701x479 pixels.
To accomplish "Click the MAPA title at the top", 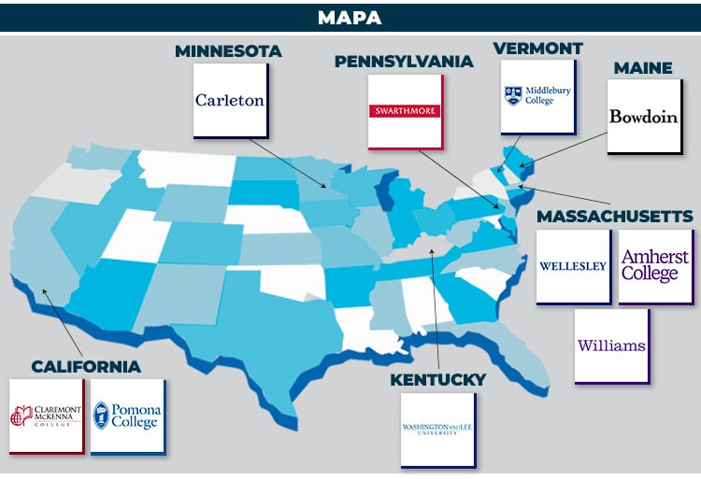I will tap(350, 18).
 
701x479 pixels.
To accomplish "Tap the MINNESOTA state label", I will tap(228, 50).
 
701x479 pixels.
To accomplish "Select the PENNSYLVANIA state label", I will tap(404, 62).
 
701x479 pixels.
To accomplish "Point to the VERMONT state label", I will tap(537, 48).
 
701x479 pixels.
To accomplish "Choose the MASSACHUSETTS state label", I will tap(615, 217).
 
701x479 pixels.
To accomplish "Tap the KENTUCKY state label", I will tap(437, 379).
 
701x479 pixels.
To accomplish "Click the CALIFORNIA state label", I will tap(86, 366).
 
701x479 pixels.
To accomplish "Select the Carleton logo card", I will tap(230, 100).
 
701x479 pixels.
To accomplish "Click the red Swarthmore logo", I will tap(404, 111).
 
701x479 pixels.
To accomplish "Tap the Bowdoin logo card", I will tap(644, 117).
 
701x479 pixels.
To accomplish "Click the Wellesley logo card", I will tap(573, 266).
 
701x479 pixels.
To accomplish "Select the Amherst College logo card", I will tap(655, 265).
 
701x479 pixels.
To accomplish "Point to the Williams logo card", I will tap(611, 345).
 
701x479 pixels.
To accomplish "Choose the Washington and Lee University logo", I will tap(437, 430).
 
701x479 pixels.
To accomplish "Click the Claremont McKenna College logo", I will tap(46, 416).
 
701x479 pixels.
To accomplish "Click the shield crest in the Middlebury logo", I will tap(513, 95).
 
